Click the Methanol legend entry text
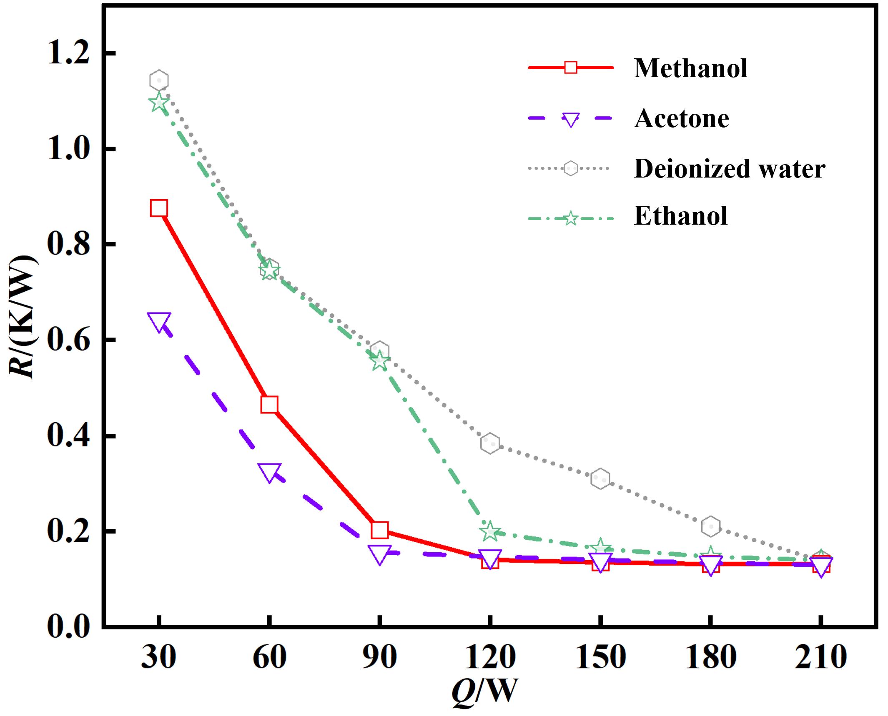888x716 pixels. (x=690, y=68)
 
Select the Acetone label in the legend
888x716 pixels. (x=682, y=119)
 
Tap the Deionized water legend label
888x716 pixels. (x=729, y=169)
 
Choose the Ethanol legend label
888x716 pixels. (x=681, y=216)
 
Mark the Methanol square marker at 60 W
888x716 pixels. (x=269, y=405)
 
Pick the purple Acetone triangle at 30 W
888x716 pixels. (x=159, y=322)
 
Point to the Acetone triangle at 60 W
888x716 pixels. (x=269, y=472)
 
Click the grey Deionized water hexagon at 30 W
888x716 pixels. (x=159, y=80)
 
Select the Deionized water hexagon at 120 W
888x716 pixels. (x=490, y=443)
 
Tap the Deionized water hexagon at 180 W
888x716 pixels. (x=710, y=526)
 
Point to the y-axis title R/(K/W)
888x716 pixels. (x=23, y=317)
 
